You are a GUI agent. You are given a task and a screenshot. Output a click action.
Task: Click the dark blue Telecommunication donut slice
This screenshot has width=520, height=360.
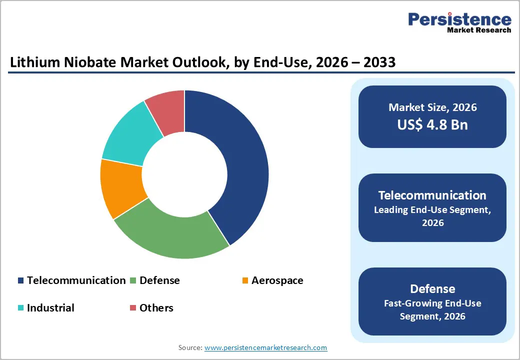tap(235, 165)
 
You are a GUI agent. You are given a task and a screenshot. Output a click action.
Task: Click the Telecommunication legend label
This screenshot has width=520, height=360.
tap(76, 280)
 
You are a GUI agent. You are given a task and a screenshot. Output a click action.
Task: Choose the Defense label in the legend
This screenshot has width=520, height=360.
tap(159, 280)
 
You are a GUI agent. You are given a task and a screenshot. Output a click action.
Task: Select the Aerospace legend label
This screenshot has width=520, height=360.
tap(277, 280)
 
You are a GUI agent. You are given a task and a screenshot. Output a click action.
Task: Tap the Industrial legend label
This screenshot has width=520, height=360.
tap(50, 308)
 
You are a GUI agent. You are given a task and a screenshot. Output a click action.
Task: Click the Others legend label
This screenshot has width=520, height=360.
tap(156, 308)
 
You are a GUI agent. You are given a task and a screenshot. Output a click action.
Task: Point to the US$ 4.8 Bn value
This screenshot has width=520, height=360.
tap(432, 124)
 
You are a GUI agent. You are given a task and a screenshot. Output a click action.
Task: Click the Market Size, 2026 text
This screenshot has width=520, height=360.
tap(432, 107)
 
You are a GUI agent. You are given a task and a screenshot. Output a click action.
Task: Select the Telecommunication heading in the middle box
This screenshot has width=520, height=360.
tap(432, 195)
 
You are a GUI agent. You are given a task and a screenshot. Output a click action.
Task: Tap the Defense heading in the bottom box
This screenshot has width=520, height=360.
tap(432, 288)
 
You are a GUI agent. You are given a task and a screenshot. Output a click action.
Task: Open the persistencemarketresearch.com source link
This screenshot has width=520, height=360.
tap(265, 347)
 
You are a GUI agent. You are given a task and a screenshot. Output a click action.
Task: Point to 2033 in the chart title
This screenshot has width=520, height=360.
tap(377, 62)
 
